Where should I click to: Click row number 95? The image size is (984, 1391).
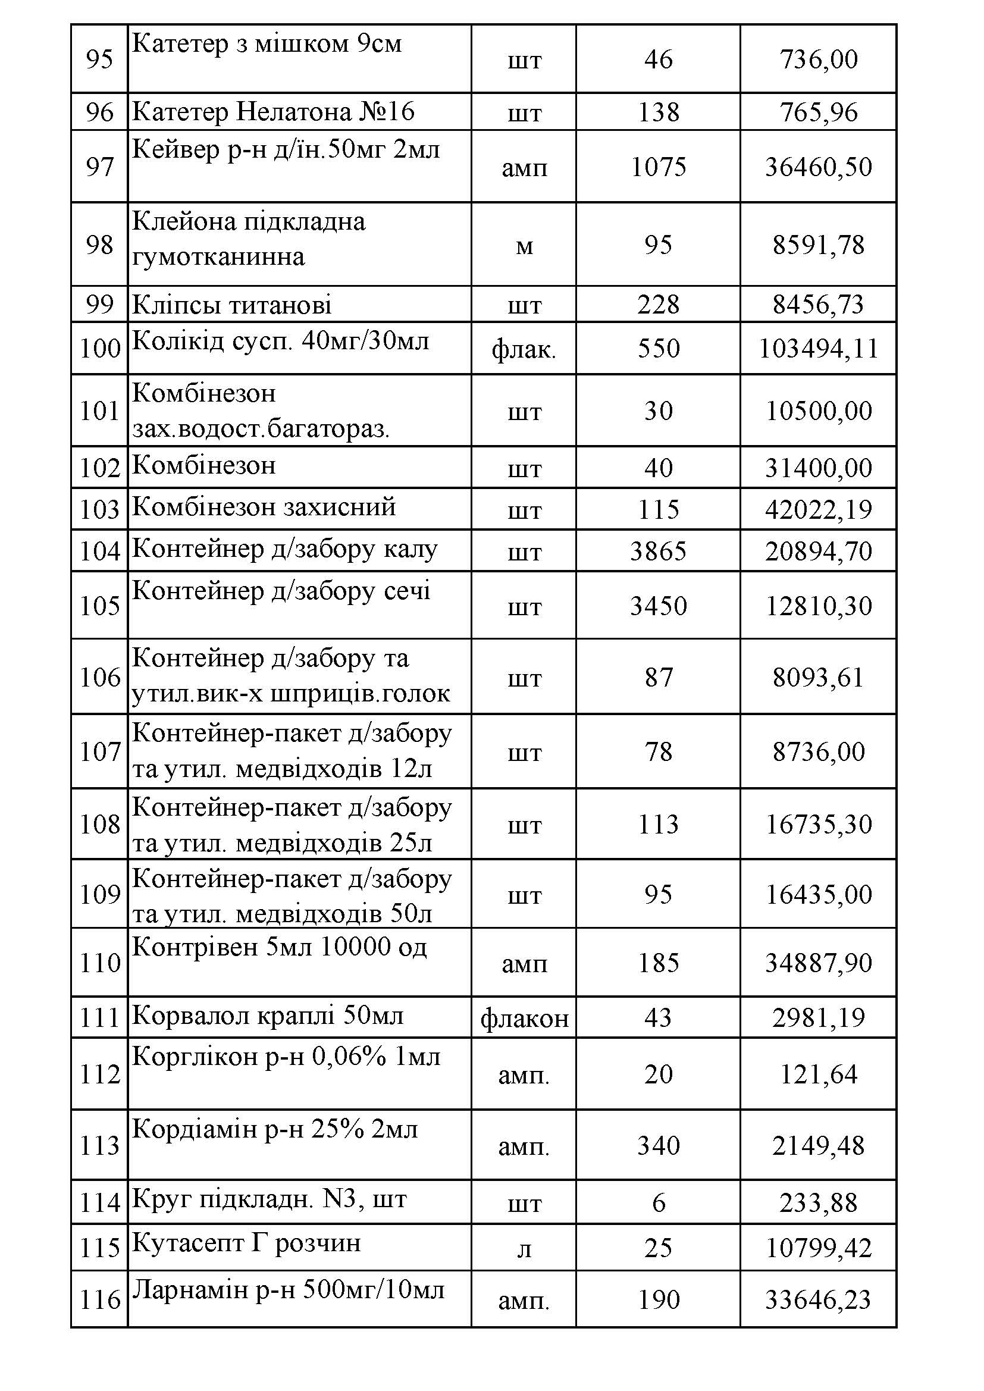coord(99,59)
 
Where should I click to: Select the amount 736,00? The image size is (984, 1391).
coord(818,59)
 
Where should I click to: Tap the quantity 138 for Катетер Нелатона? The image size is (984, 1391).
coord(658,112)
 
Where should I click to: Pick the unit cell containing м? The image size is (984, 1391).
coord(524,245)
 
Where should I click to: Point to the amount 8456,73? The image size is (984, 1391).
coord(818,304)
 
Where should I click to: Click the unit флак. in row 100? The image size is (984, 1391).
coord(524,349)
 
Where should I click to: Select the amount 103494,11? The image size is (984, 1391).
coord(818,349)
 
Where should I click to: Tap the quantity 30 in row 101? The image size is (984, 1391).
coord(658,411)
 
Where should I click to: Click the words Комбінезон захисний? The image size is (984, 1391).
coord(264,506)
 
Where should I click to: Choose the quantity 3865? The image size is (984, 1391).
coord(658,552)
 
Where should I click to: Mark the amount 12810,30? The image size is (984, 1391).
coord(818,606)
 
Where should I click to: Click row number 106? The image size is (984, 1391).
coord(99,677)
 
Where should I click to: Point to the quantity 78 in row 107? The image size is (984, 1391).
coord(658,752)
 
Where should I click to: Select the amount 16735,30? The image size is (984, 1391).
coord(818,825)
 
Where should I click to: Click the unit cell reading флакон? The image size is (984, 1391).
coord(524,1019)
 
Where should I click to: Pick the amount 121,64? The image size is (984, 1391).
coord(818,1074)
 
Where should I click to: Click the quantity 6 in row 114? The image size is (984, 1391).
coord(658,1202)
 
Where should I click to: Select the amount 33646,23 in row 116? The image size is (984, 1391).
coord(818,1299)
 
